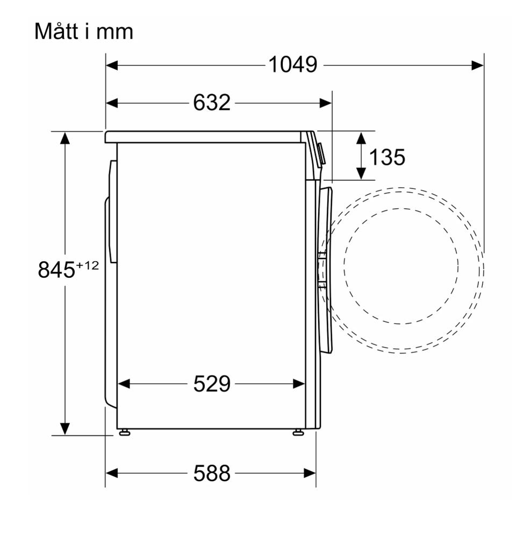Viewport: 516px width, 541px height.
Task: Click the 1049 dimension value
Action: [293, 65]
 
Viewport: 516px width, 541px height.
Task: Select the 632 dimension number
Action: [211, 103]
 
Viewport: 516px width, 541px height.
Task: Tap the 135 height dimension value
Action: [387, 157]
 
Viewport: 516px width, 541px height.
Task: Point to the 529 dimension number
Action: [211, 384]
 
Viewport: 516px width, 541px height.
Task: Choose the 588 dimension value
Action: [211, 473]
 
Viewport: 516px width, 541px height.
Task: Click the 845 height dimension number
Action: [56, 270]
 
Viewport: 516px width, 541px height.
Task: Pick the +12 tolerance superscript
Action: [87, 265]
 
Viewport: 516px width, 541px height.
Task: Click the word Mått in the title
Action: [56, 31]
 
